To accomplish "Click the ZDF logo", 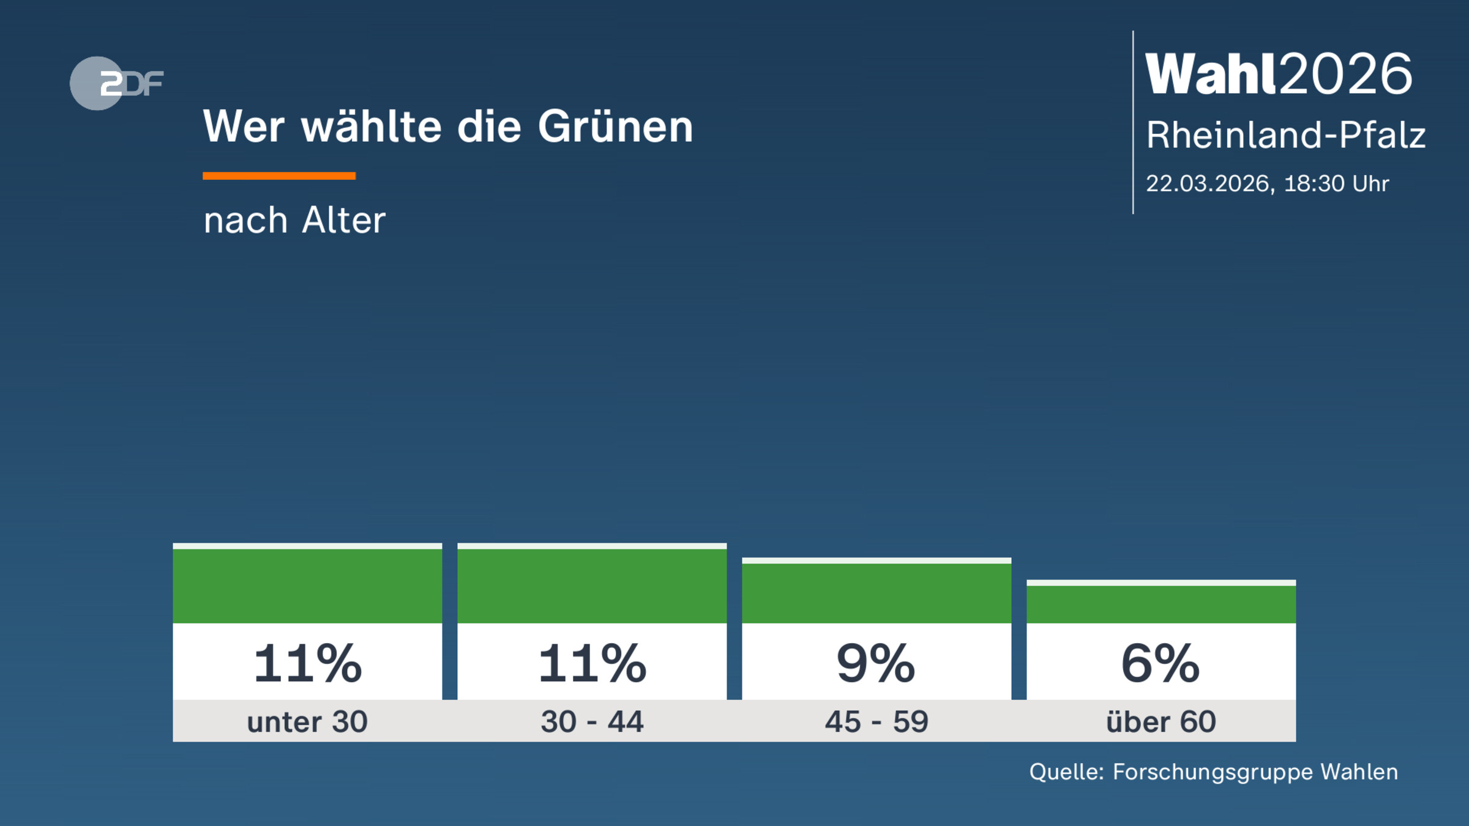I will click(x=116, y=83).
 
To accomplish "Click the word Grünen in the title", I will click(x=615, y=127).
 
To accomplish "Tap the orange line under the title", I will click(x=279, y=176).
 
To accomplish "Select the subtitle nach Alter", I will click(x=294, y=220).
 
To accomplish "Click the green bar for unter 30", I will click(x=307, y=585).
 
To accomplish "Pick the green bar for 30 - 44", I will click(x=592, y=585).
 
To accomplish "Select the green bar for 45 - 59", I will click(x=877, y=592).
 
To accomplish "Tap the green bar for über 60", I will click(x=1161, y=603).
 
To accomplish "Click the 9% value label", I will click(x=876, y=664).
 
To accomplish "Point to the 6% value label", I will click(x=1161, y=664).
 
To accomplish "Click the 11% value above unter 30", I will click(x=308, y=664).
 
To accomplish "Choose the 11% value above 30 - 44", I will click(x=592, y=664).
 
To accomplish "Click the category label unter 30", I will click(x=307, y=722).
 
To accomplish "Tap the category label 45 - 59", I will click(x=877, y=722).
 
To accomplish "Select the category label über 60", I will click(x=1161, y=722).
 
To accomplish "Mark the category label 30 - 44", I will click(x=592, y=722).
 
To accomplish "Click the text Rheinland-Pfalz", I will click(x=1285, y=135).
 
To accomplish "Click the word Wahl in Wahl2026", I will click(x=1211, y=74).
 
